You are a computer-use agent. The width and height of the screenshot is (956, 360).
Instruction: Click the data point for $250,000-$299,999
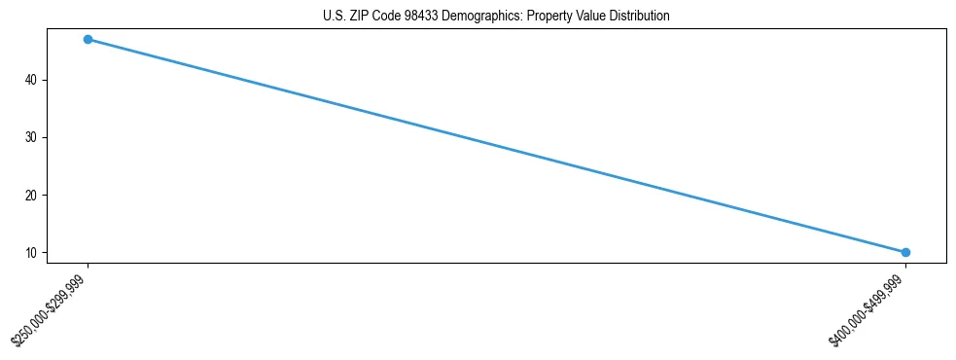pos(88,39)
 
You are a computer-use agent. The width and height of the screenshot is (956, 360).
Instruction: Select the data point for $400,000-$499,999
pos(905,252)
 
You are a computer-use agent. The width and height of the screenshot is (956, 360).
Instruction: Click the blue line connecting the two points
pos(496,145)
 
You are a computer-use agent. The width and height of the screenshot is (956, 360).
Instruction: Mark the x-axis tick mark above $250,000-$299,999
pos(88,266)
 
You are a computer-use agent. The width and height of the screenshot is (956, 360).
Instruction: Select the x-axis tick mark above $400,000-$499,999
pos(905,266)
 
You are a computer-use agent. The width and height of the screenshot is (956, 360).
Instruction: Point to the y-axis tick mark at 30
pos(44,137)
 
